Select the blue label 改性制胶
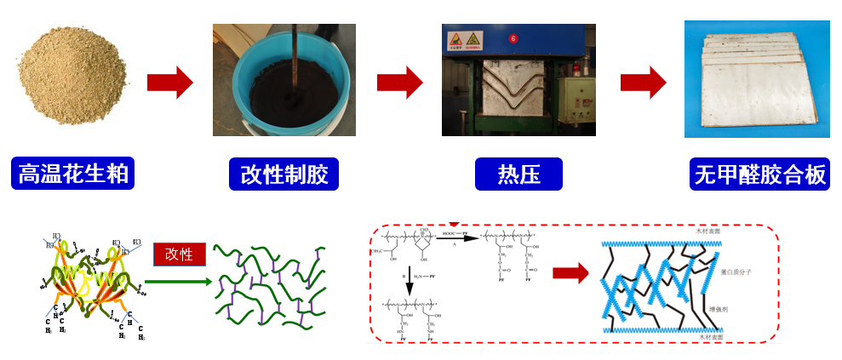[284, 174]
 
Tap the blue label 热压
[518, 174]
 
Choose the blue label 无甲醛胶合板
[759, 174]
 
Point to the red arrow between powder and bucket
[169, 83]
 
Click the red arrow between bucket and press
[399, 83]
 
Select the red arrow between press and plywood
[643, 83]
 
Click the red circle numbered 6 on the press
[513, 38]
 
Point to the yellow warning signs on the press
[465, 39]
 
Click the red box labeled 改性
[179, 254]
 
